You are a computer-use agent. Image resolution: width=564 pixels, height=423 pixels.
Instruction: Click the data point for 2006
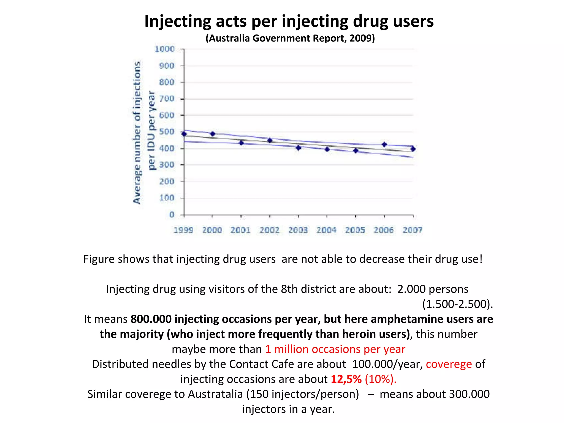click(x=384, y=145)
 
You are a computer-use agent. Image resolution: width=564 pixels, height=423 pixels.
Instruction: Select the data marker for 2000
click(x=212, y=134)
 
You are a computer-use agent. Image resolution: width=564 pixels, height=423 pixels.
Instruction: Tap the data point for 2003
click(x=298, y=148)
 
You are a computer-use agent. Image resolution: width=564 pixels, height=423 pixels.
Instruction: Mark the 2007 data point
click(x=413, y=149)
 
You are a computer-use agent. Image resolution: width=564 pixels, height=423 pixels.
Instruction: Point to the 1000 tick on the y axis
click(x=165, y=49)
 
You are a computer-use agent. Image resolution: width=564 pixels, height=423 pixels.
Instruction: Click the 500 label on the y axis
click(x=167, y=132)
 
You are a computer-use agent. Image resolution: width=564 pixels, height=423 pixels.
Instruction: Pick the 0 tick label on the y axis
click(x=172, y=215)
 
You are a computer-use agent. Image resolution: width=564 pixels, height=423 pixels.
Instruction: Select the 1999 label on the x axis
click(x=183, y=230)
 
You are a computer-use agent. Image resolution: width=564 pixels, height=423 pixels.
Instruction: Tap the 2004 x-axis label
click(x=327, y=230)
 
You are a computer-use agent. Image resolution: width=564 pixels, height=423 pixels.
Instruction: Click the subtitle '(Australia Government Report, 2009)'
click(x=290, y=38)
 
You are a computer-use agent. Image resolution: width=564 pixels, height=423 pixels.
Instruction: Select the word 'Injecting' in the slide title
click(x=178, y=21)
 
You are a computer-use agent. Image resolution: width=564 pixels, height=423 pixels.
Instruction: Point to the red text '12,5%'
click(x=346, y=379)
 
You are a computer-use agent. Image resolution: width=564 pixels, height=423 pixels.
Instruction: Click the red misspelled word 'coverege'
click(x=449, y=364)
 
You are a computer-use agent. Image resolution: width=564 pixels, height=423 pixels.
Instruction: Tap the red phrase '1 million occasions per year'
click(x=335, y=349)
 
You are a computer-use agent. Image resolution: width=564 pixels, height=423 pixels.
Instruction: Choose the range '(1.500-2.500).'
click(x=457, y=304)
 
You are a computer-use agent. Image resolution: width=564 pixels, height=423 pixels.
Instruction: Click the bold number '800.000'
click(x=151, y=319)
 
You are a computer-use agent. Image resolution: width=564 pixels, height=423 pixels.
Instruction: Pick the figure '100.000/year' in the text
click(x=387, y=364)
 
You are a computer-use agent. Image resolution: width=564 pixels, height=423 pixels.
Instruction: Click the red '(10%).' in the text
click(x=381, y=379)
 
